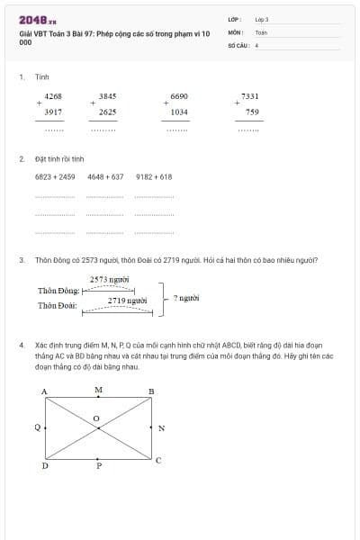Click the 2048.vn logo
(38, 19)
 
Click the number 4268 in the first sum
(53, 95)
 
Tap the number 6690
(179, 95)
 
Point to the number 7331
(250, 95)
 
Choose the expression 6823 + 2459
(55, 177)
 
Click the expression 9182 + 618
(154, 177)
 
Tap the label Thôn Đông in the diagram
(58, 291)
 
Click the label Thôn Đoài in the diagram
(58, 306)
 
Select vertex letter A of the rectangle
(44, 391)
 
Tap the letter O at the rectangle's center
(97, 419)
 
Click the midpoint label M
(98, 390)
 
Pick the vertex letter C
(158, 460)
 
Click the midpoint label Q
(36, 428)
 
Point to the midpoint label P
(99, 466)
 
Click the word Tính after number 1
(41, 77)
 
